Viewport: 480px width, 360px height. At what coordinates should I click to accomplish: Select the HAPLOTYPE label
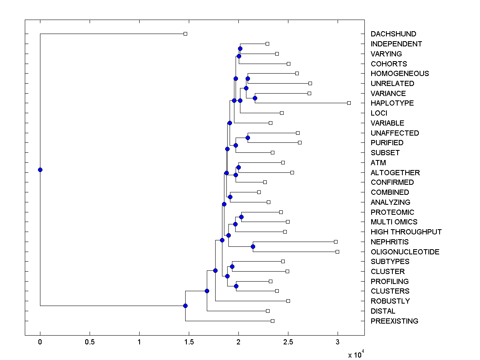point(386,103)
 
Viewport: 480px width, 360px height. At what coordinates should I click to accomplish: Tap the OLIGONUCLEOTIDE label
point(405,252)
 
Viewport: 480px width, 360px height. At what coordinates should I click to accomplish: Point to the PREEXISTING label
point(394,321)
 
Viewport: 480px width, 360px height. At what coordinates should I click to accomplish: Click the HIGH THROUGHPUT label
point(406,232)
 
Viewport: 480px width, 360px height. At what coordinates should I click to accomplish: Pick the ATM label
point(378,163)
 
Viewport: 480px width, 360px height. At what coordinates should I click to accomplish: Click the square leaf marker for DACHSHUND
point(185,34)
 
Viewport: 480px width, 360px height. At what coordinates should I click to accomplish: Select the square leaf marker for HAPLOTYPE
point(349,103)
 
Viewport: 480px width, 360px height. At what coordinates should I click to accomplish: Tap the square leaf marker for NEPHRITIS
point(336,242)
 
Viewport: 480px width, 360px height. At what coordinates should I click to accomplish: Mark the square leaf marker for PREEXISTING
point(272,321)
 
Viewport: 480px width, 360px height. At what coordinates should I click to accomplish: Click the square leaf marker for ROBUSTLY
point(288,301)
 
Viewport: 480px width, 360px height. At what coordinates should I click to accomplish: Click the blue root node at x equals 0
point(40,170)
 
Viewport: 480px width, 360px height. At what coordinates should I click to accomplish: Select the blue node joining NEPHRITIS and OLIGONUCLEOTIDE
point(253,246)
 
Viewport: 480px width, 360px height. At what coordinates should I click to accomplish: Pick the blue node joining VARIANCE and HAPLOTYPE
point(255,98)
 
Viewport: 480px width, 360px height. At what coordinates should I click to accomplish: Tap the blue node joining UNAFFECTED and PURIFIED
point(248,138)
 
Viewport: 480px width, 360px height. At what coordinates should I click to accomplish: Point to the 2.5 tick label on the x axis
point(288,342)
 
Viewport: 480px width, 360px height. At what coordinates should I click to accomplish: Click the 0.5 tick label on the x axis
point(90,342)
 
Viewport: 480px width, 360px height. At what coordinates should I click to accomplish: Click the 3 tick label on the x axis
point(338,342)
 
